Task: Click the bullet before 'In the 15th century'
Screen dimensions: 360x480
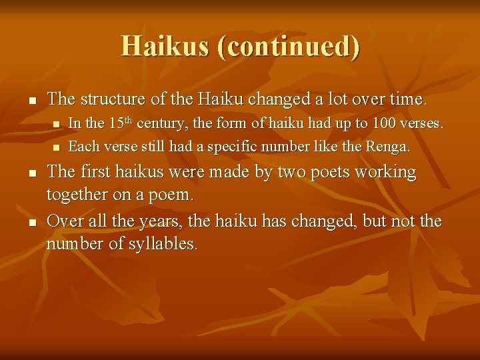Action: [x=57, y=124]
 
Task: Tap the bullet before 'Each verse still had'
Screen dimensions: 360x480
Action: [x=57, y=147]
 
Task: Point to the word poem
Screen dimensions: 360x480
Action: [x=172, y=195]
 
